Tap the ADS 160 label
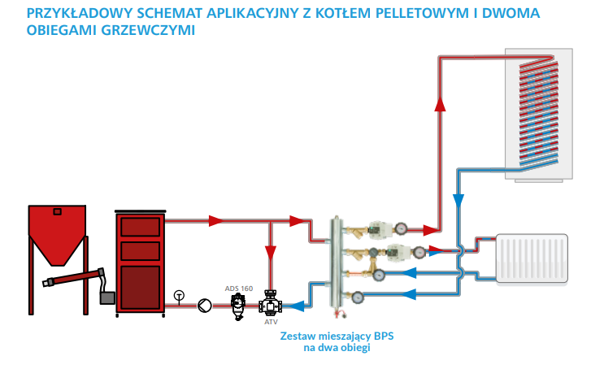click(238, 288)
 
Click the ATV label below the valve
click(271, 322)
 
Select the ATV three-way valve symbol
click(269, 306)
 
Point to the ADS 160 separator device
click(238, 305)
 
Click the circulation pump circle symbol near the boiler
click(202, 306)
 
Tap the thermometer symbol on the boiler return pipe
click(180, 295)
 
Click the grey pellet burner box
click(106, 298)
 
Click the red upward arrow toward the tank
click(441, 103)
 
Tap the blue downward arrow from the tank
click(458, 200)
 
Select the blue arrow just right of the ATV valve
click(298, 306)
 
